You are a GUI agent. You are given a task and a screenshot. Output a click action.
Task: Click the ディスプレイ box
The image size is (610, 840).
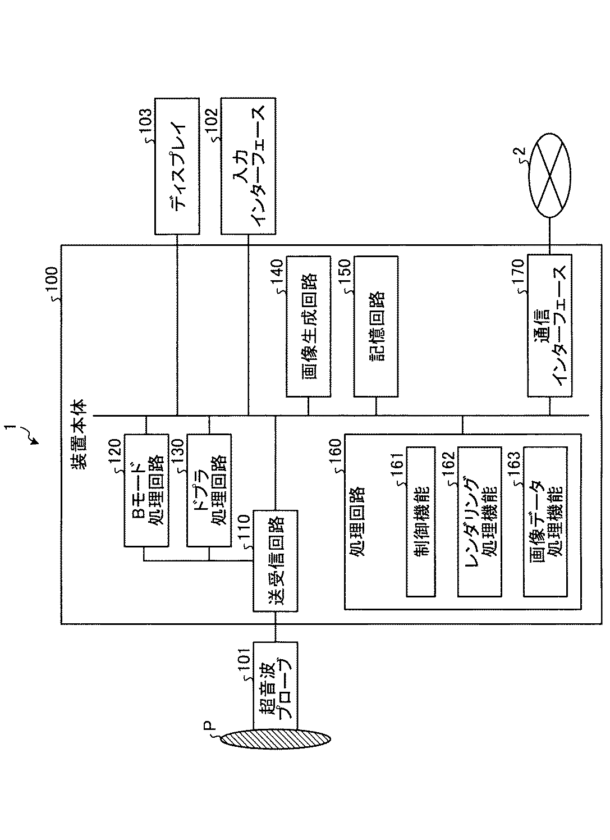(x=177, y=167)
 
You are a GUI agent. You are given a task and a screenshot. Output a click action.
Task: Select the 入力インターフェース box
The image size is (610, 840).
(x=249, y=167)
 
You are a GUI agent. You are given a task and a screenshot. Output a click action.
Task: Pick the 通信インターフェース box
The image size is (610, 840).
(x=549, y=326)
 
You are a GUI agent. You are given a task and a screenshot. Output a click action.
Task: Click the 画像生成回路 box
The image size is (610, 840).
(x=308, y=326)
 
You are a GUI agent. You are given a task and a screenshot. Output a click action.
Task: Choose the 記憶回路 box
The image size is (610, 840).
(x=375, y=326)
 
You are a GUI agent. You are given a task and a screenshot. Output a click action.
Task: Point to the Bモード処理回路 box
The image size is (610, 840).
(x=146, y=490)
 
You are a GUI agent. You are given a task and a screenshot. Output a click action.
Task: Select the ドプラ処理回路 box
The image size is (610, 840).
(x=208, y=490)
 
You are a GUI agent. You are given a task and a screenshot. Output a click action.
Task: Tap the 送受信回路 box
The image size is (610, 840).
(x=275, y=560)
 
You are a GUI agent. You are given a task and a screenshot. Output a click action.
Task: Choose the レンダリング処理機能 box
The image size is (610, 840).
(x=480, y=521)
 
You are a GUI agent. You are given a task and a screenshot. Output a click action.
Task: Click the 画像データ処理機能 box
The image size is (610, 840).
(x=545, y=521)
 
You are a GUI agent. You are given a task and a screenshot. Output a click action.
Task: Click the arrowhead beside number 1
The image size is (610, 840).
(x=35, y=441)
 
